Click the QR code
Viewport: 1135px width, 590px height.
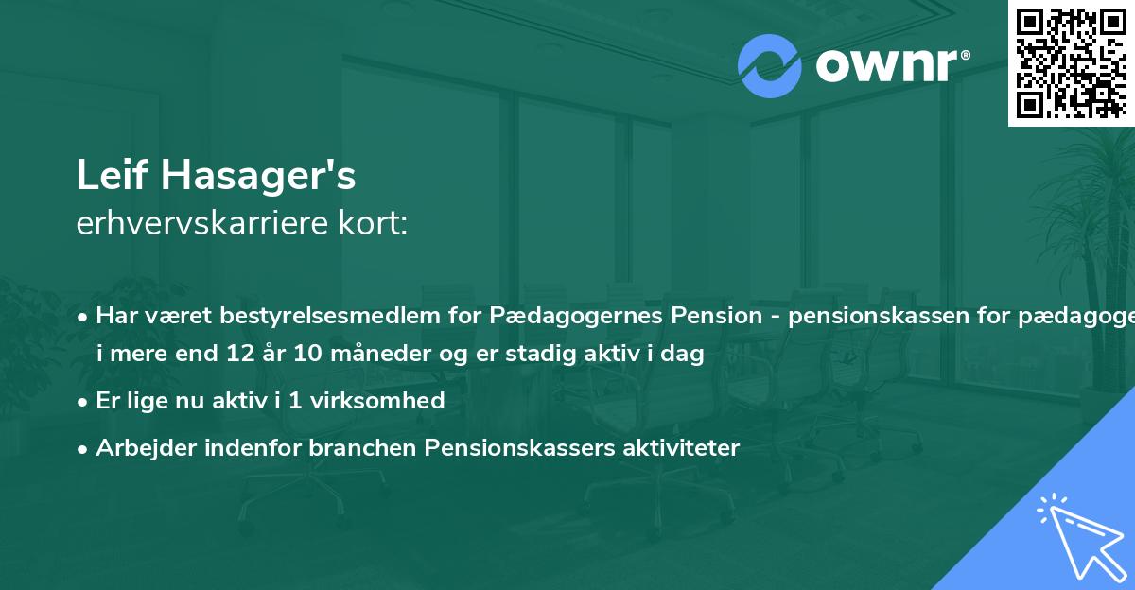(x=1071, y=62)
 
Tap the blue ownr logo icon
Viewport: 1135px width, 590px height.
(x=770, y=65)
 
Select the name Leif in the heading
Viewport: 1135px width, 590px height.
(x=112, y=177)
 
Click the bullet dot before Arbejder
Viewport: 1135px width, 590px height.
(x=84, y=448)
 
